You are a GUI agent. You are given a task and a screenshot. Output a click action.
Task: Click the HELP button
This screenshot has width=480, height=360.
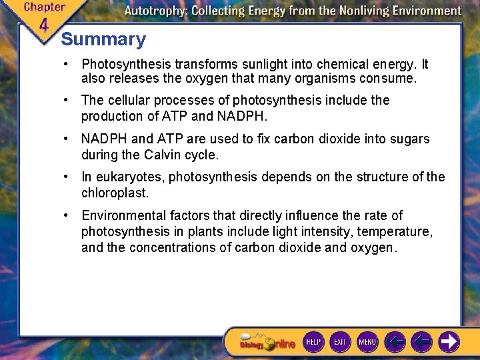(313, 342)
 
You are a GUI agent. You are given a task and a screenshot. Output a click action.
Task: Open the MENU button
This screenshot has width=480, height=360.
(367, 342)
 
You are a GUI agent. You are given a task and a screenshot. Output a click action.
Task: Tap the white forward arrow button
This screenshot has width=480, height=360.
(448, 342)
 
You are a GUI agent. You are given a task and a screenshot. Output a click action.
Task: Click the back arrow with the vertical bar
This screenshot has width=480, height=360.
(395, 342)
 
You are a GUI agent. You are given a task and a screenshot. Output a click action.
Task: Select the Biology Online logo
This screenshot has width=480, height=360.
(267, 343)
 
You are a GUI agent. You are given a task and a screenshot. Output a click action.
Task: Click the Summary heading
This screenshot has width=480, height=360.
(103, 39)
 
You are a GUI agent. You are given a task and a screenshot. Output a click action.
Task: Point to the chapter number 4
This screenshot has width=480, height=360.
(43, 25)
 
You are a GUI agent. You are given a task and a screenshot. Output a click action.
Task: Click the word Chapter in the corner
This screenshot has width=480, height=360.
(45, 7)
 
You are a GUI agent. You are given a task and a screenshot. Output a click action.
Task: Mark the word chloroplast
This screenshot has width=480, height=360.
(115, 193)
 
